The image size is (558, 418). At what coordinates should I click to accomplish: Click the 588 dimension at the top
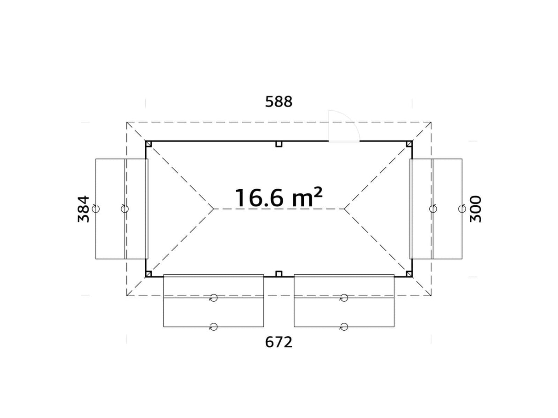click(x=279, y=102)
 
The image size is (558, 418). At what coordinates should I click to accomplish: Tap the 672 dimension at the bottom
click(x=279, y=342)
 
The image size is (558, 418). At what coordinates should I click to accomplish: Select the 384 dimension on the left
click(x=84, y=209)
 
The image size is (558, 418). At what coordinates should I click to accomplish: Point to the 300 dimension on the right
click(x=476, y=209)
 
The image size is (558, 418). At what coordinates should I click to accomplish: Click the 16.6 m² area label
click(x=279, y=198)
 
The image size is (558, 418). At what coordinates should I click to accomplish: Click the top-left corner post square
click(x=149, y=144)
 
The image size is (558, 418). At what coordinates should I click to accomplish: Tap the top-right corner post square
click(x=409, y=144)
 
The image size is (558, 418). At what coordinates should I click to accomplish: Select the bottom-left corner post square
click(x=149, y=274)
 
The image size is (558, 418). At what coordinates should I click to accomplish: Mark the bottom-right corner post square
click(x=409, y=274)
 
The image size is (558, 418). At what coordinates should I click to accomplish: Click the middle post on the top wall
click(x=279, y=144)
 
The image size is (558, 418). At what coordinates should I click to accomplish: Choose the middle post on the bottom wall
click(x=279, y=274)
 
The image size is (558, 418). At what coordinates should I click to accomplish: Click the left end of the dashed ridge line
click(x=214, y=209)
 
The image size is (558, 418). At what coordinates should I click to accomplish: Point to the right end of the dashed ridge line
click(x=344, y=209)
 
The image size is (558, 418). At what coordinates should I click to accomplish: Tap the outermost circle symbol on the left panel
click(x=96, y=209)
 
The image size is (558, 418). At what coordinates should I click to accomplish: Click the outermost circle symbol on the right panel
click(x=462, y=209)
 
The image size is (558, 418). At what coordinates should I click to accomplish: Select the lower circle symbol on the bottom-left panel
click(x=213, y=327)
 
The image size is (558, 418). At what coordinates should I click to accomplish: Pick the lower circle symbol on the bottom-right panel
click(x=344, y=327)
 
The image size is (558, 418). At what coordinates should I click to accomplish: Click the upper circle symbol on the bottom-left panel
click(x=213, y=298)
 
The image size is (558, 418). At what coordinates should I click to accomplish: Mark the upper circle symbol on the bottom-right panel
click(x=344, y=298)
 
